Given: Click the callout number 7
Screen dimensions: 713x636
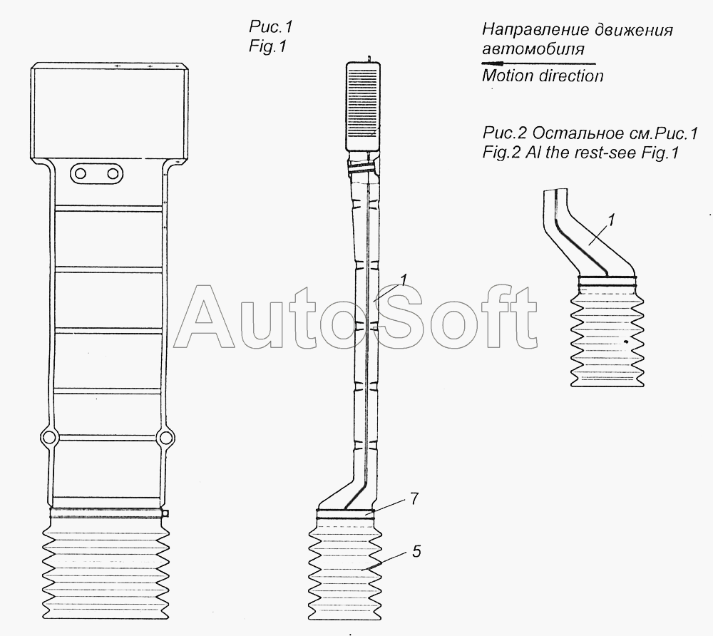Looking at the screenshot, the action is coord(414,498).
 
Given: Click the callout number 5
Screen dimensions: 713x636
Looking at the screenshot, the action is coord(416,551).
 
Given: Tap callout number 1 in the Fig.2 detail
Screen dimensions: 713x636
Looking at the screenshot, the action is coord(611,220).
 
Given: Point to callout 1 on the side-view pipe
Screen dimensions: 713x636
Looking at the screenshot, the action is coord(404,279).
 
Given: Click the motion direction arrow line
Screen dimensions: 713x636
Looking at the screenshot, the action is coord(538,63).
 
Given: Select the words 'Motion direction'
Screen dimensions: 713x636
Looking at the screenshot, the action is coord(543,76).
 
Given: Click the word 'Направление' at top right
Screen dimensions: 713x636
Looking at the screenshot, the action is coord(528,31).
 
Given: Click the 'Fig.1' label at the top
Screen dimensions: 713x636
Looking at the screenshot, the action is coord(268,46).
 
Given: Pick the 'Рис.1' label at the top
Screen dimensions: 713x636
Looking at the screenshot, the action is coord(270,27).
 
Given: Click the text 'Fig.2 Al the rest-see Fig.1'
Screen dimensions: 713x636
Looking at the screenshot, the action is coord(580,153).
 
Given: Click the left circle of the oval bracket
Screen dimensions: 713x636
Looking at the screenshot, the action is coord(81,174).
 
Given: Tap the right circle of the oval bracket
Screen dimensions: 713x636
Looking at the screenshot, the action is coord(113,174).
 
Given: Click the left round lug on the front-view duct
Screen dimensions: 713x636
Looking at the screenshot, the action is coord(48,438).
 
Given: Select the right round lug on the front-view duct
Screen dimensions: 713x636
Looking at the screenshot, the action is coord(165,438).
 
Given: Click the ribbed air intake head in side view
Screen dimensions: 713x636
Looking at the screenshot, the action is coord(363,106).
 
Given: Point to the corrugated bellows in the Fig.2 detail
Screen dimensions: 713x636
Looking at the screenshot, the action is coord(607,337).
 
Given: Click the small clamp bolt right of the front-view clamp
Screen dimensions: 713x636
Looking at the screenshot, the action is coord(166,513).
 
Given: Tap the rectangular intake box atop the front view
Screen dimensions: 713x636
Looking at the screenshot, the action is coord(110,112).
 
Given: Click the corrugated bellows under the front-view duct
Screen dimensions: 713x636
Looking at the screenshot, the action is coord(106,568).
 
